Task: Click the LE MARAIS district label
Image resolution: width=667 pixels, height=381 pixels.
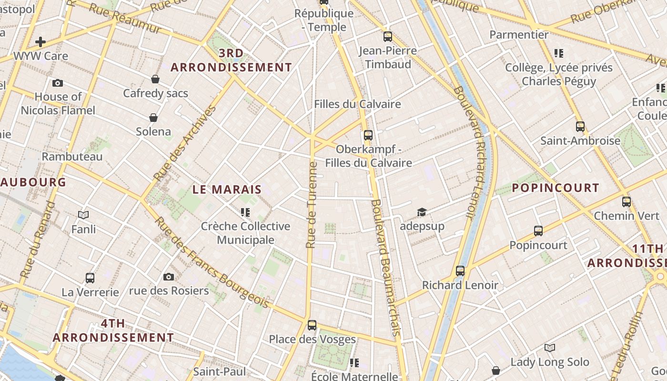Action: pyautogui.click(x=227, y=189)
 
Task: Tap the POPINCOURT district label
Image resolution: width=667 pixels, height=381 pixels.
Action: pyautogui.click(x=555, y=188)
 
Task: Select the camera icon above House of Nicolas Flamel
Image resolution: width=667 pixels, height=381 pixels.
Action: pyautogui.click(x=58, y=83)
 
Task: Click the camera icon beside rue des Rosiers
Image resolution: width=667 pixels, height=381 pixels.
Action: pyautogui.click(x=169, y=277)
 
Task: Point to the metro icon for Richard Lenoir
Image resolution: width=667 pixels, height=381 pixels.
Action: pyautogui.click(x=460, y=271)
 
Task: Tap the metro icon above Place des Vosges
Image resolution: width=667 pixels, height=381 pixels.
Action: pyautogui.click(x=312, y=325)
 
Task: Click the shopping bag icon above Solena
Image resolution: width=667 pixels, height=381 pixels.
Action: pyautogui.click(x=153, y=117)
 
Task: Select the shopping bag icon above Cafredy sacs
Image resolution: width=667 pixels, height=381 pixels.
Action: pyautogui.click(x=155, y=79)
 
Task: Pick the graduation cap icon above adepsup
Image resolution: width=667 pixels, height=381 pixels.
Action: pyautogui.click(x=422, y=212)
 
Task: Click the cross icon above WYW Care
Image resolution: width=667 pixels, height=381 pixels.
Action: pyautogui.click(x=40, y=42)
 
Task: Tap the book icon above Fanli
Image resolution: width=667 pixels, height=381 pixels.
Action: pyautogui.click(x=83, y=215)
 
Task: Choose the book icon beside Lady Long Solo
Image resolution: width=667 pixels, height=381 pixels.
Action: pyautogui.click(x=550, y=348)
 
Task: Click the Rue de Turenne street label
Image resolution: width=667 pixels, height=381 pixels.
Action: pyautogui.click(x=312, y=205)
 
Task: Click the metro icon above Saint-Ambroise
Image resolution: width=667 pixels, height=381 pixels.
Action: pyautogui.click(x=580, y=127)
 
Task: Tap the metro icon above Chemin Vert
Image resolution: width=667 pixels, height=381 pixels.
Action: pyautogui.click(x=627, y=202)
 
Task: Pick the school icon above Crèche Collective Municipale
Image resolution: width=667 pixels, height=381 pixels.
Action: pyautogui.click(x=245, y=212)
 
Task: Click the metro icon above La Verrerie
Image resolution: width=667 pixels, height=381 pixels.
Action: pyautogui.click(x=90, y=278)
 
